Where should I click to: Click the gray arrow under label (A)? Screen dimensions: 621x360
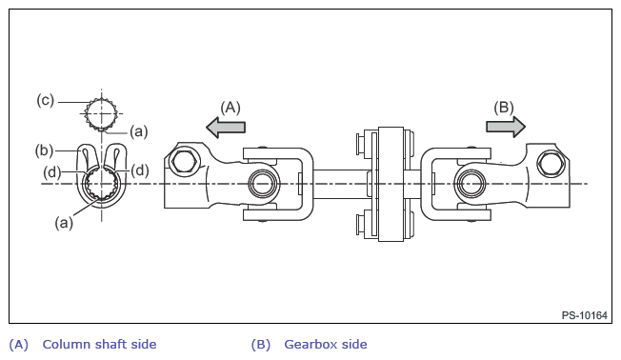[226, 127]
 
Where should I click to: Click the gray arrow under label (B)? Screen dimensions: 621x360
[506, 127]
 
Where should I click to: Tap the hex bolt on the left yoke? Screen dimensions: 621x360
[182, 161]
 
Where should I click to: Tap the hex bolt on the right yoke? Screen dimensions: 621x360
[550, 163]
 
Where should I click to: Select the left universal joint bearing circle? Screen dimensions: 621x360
[261, 184]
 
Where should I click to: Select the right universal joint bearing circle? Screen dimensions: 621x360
[471, 184]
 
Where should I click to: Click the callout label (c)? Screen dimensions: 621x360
[45, 100]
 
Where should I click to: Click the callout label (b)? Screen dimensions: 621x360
[44, 150]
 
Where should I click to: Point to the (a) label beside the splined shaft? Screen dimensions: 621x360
[139, 131]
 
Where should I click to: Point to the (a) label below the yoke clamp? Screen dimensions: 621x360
[64, 223]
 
